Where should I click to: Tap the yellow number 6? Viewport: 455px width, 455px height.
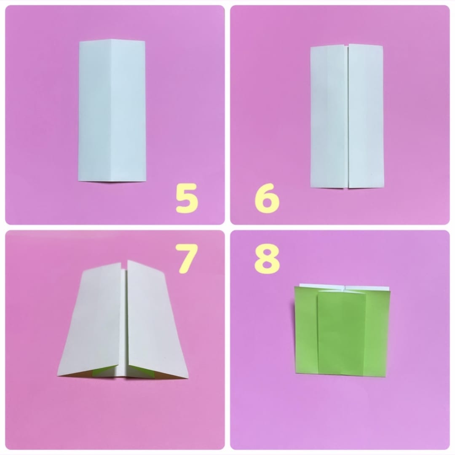(267, 198)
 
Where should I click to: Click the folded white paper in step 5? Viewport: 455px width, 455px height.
(112, 111)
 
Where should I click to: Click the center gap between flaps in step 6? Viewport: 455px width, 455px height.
(348, 116)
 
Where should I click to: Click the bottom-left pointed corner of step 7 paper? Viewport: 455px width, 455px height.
(58, 375)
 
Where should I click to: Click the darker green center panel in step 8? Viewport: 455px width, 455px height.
(341, 333)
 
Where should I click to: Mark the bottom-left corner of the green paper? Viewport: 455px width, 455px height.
(296, 372)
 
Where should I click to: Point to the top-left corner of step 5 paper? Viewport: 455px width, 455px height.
(80, 41)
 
